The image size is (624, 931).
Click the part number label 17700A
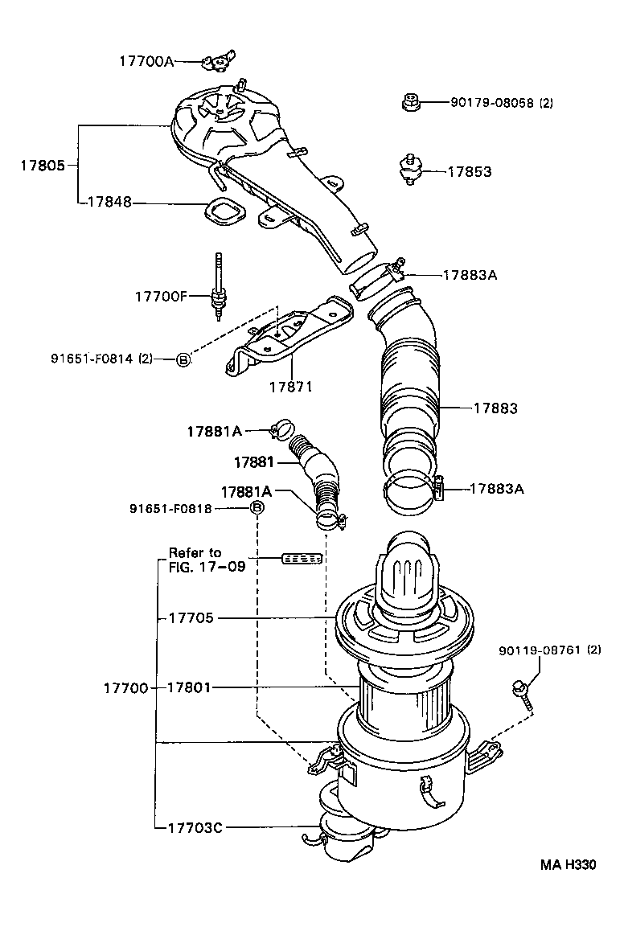(x=146, y=60)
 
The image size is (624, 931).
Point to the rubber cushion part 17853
(x=412, y=170)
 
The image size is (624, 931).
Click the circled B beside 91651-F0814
(x=183, y=359)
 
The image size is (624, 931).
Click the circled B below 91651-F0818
(x=257, y=507)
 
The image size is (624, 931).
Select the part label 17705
(x=191, y=617)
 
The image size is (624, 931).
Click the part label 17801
(x=191, y=687)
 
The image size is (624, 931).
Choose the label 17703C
(x=195, y=826)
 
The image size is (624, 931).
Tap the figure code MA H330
(x=568, y=866)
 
